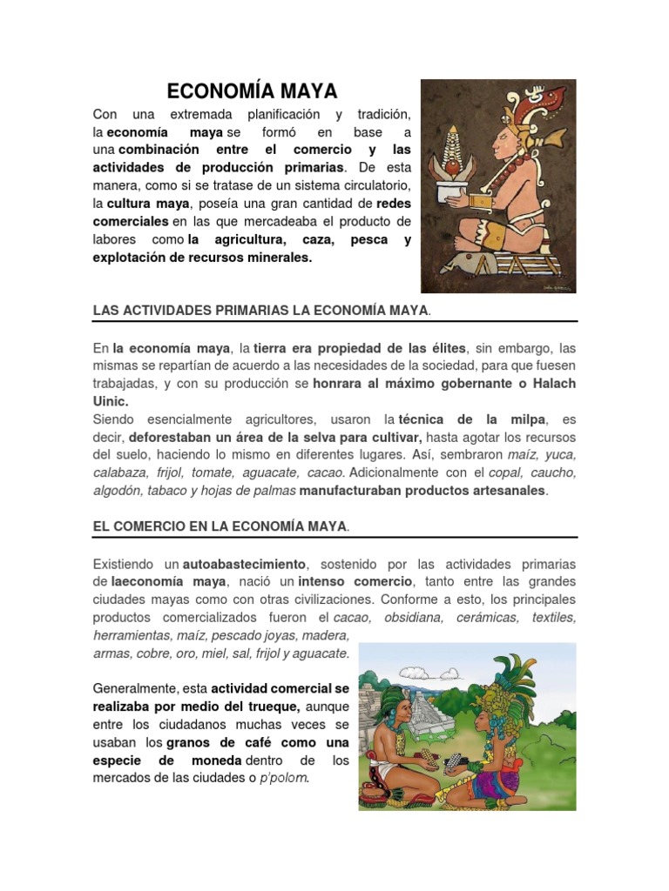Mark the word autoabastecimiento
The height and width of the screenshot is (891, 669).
[246, 565]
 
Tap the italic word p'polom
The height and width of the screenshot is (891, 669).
[284, 777]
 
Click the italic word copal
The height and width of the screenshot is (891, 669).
[507, 472]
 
